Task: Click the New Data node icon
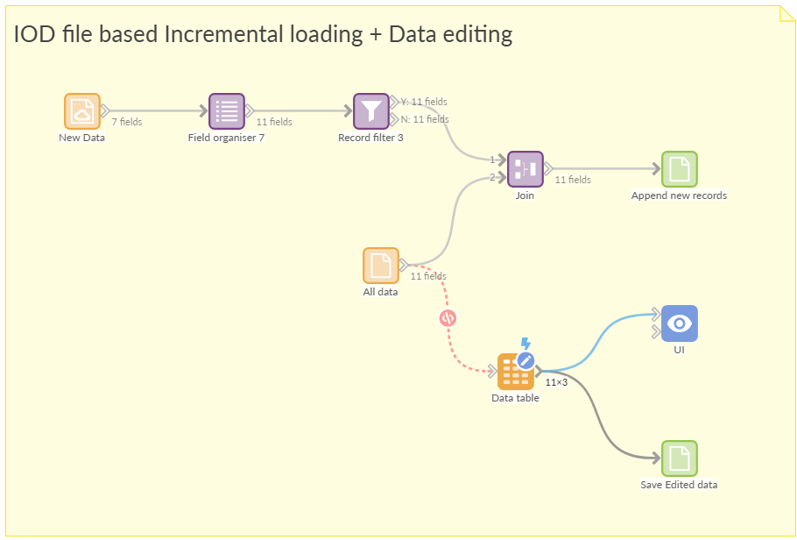click(x=82, y=111)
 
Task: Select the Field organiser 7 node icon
click(x=227, y=111)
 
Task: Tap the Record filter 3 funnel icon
click(x=371, y=111)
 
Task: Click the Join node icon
click(x=525, y=169)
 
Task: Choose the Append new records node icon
click(x=679, y=169)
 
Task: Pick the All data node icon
click(x=381, y=266)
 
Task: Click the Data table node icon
click(x=514, y=373)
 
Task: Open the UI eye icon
click(x=679, y=323)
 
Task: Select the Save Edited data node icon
click(x=679, y=458)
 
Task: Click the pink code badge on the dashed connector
click(x=448, y=318)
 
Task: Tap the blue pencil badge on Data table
click(x=525, y=359)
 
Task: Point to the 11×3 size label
click(x=557, y=382)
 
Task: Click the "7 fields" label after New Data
click(x=127, y=122)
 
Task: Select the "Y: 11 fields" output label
click(x=424, y=102)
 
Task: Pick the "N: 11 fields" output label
click(x=425, y=119)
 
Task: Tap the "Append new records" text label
click(x=679, y=195)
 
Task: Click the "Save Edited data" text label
click(x=679, y=485)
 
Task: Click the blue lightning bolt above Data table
click(x=525, y=344)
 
